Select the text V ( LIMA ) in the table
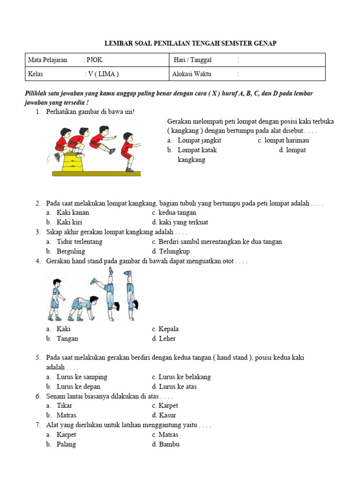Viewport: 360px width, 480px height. [x=103, y=74]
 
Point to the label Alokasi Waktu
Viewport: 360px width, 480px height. [x=192, y=74]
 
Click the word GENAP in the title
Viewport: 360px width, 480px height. [x=265, y=43]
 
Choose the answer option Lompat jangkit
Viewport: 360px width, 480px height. [x=199, y=140]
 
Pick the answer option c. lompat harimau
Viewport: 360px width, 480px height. [x=283, y=140]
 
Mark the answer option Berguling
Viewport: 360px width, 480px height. [x=71, y=251]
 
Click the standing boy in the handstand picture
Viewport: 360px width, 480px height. [x=56, y=299]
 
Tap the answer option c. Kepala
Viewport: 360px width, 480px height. [x=165, y=329]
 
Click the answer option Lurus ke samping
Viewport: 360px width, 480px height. [x=82, y=377]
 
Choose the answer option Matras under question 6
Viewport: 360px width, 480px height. [x=66, y=415]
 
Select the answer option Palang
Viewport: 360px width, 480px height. [x=66, y=444]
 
